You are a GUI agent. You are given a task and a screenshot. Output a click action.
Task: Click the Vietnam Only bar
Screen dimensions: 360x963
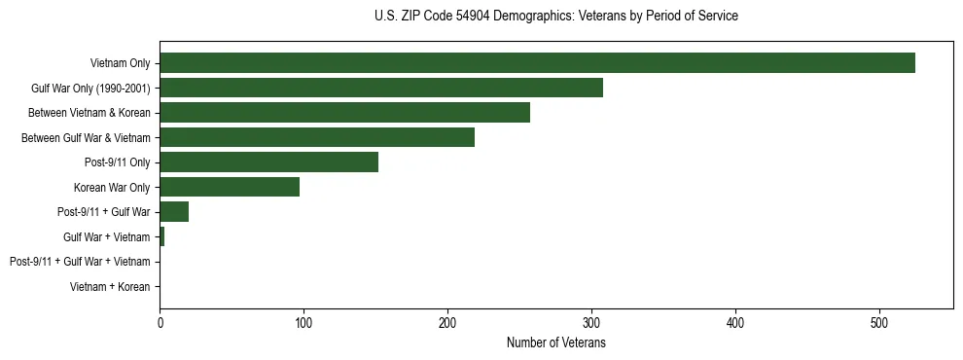pos(537,63)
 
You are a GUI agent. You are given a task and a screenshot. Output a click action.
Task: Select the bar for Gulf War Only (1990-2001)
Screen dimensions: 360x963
pos(381,89)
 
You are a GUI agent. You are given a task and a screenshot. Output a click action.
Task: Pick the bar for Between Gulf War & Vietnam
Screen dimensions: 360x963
pos(317,138)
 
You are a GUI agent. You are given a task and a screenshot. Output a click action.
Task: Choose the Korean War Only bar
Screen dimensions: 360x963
pos(230,188)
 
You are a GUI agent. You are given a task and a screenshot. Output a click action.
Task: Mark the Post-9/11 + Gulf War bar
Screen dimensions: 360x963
pos(174,212)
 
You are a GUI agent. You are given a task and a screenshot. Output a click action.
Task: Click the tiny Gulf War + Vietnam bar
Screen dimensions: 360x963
pos(161,237)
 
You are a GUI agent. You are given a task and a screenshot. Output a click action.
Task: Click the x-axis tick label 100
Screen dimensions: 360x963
pos(303,323)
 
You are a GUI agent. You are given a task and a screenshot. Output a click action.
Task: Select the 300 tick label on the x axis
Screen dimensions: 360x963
pos(591,323)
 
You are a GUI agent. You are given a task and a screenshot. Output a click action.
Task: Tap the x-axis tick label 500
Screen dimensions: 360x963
pos(879,323)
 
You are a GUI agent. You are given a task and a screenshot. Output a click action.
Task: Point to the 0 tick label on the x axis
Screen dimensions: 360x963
pos(160,323)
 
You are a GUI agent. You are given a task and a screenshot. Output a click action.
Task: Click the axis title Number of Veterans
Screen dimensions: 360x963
pos(556,342)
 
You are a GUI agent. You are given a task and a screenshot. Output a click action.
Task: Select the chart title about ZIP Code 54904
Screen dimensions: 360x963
pos(556,17)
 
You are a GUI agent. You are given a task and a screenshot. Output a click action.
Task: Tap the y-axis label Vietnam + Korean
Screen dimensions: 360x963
pos(110,287)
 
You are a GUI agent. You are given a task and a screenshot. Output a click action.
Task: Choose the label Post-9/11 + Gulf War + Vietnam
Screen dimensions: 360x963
pos(80,262)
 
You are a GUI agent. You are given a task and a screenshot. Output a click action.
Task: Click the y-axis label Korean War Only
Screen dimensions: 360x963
pos(112,188)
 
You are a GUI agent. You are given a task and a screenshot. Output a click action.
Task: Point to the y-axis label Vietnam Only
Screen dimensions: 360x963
pos(120,63)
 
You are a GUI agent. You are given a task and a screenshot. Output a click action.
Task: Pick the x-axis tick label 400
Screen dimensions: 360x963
pos(735,323)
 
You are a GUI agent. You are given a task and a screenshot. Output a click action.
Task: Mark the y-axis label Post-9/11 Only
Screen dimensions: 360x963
pos(118,162)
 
